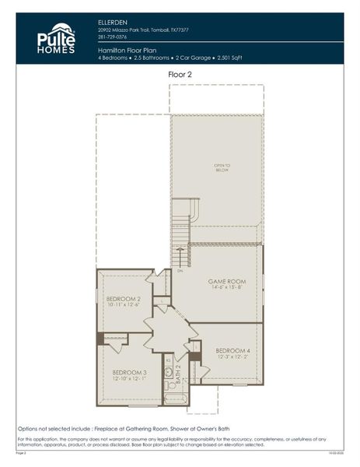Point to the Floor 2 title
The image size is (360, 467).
click(x=180, y=74)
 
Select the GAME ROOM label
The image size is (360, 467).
click(x=226, y=280)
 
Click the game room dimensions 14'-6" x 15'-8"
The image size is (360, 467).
click(x=226, y=287)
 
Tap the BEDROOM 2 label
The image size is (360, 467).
click(x=123, y=299)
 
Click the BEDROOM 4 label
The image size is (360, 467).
click(x=232, y=350)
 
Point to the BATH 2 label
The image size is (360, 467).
click(x=178, y=376)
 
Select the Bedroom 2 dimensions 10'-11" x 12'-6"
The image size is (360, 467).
click(x=123, y=306)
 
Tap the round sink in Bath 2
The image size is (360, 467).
click(x=168, y=372)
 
